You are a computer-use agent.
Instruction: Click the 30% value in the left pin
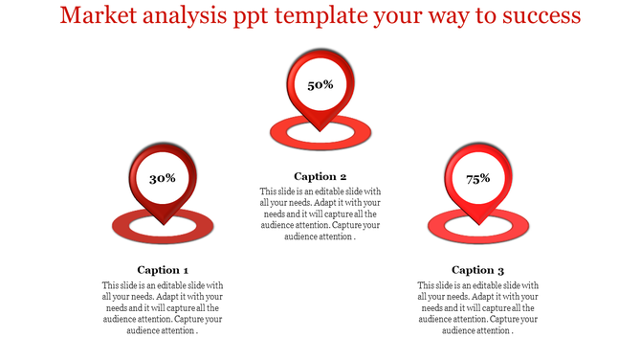pyautogui.click(x=163, y=178)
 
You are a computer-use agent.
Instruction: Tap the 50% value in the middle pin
pyautogui.click(x=320, y=85)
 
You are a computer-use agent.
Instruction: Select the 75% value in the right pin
pyautogui.click(x=478, y=178)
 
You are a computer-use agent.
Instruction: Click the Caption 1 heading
pyautogui.click(x=163, y=270)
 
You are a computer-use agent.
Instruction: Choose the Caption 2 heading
pyautogui.click(x=320, y=176)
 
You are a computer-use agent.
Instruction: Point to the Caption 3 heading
pyautogui.click(x=478, y=270)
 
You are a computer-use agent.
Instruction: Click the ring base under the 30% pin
pyautogui.click(x=121, y=226)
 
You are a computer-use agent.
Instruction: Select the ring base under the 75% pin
pyautogui.click(x=436, y=226)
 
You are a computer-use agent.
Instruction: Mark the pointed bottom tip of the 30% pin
pyautogui.click(x=163, y=223)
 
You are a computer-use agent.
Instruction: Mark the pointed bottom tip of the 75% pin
pyautogui.click(x=478, y=223)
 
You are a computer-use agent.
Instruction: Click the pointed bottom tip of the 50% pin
pyautogui.click(x=320, y=129)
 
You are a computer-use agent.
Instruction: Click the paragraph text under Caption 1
pyautogui.click(x=163, y=308)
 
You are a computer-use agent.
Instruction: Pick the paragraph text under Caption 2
pyautogui.click(x=320, y=214)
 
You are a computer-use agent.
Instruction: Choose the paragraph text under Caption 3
pyautogui.click(x=478, y=308)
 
